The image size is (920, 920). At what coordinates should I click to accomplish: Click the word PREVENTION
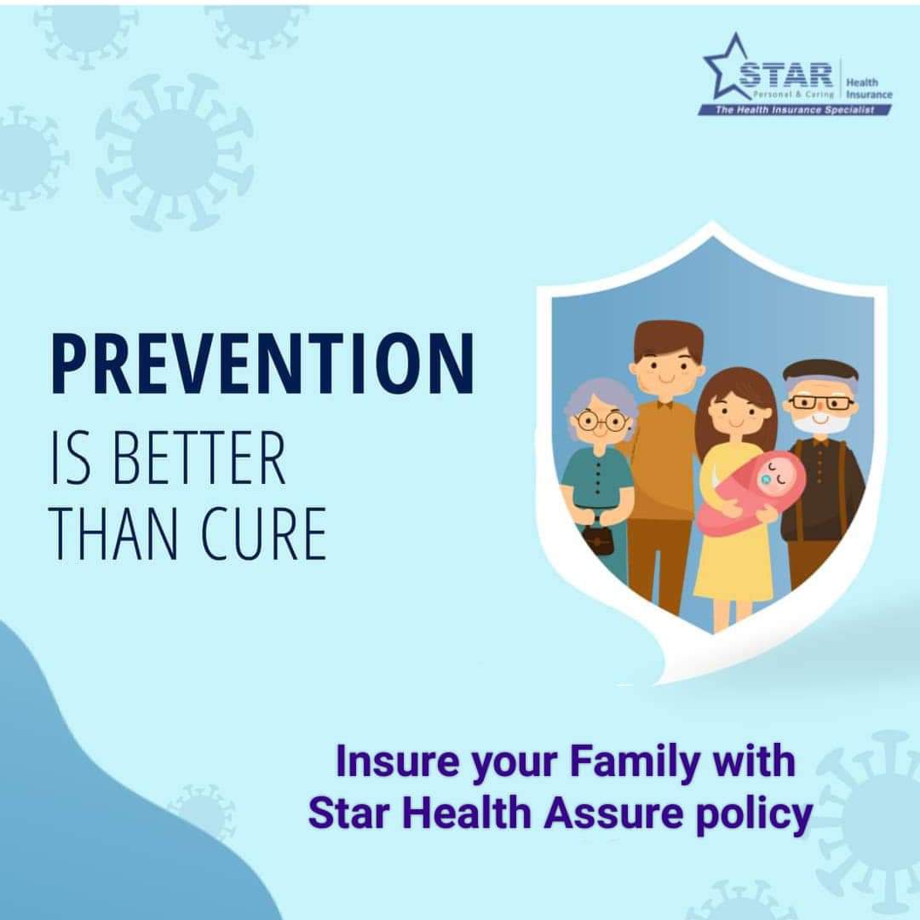(x=262, y=364)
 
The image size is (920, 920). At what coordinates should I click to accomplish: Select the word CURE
(x=264, y=534)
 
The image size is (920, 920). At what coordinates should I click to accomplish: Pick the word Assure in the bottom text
(x=613, y=814)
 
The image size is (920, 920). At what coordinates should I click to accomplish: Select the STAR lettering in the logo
(x=785, y=75)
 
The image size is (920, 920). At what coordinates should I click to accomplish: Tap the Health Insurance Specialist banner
(x=795, y=110)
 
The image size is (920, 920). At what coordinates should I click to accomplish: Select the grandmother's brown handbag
(x=598, y=540)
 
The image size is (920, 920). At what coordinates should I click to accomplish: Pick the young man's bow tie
(x=664, y=405)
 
